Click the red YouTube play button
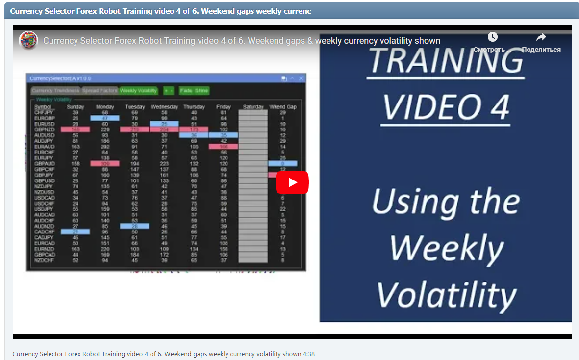point(292,182)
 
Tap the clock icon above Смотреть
point(492,37)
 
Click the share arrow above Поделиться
point(541,37)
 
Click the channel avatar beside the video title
point(28,40)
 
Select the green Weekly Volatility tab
point(138,91)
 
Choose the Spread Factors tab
point(100,91)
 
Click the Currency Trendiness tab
point(55,91)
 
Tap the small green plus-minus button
point(168,91)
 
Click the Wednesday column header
point(164,107)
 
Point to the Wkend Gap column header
point(283,107)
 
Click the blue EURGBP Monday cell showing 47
point(105,118)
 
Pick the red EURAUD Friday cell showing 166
point(223,147)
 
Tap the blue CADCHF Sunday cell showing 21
point(75,231)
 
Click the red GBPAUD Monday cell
point(105,164)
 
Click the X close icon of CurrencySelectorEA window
point(301,78)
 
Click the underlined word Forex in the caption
point(73,354)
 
